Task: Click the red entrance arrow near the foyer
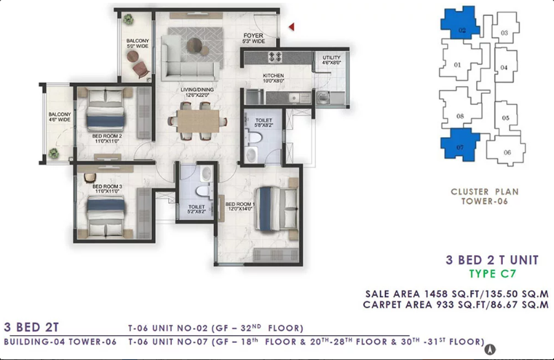[291, 26]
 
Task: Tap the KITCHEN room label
[273, 76]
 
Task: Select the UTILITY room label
[331, 57]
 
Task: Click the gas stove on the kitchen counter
[275, 57]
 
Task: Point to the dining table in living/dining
[198, 121]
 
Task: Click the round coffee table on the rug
[195, 45]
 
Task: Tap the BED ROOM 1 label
[240, 204]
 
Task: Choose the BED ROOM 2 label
[107, 136]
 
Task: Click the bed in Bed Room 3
[106, 217]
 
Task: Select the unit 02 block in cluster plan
[460, 22]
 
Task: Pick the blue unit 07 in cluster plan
[459, 144]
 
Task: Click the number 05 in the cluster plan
[506, 118]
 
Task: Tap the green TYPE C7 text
[493, 274]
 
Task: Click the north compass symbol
[490, 350]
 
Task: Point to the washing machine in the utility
[323, 97]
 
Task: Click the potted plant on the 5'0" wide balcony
[128, 19]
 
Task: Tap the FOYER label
[253, 36]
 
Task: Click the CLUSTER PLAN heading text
[485, 192]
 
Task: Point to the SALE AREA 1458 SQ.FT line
[457, 294]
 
